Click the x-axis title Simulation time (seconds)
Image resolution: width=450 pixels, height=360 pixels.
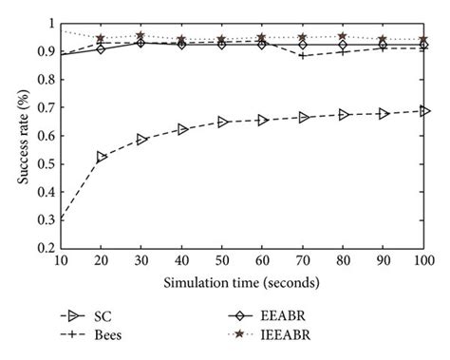pyautogui.click(x=228, y=281)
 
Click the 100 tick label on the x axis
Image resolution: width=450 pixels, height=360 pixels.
pyautogui.click(x=422, y=261)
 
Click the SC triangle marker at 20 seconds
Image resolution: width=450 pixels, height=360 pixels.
pyautogui.click(x=102, y=157)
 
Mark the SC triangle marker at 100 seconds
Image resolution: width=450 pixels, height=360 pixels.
pyautogui.click(x=423, y=111)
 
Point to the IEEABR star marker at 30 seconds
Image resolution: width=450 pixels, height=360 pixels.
pyautogui.click(x=141, y=36)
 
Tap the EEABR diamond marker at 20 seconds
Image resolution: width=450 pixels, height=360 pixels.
pyautogui.click(x=102, y=48)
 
